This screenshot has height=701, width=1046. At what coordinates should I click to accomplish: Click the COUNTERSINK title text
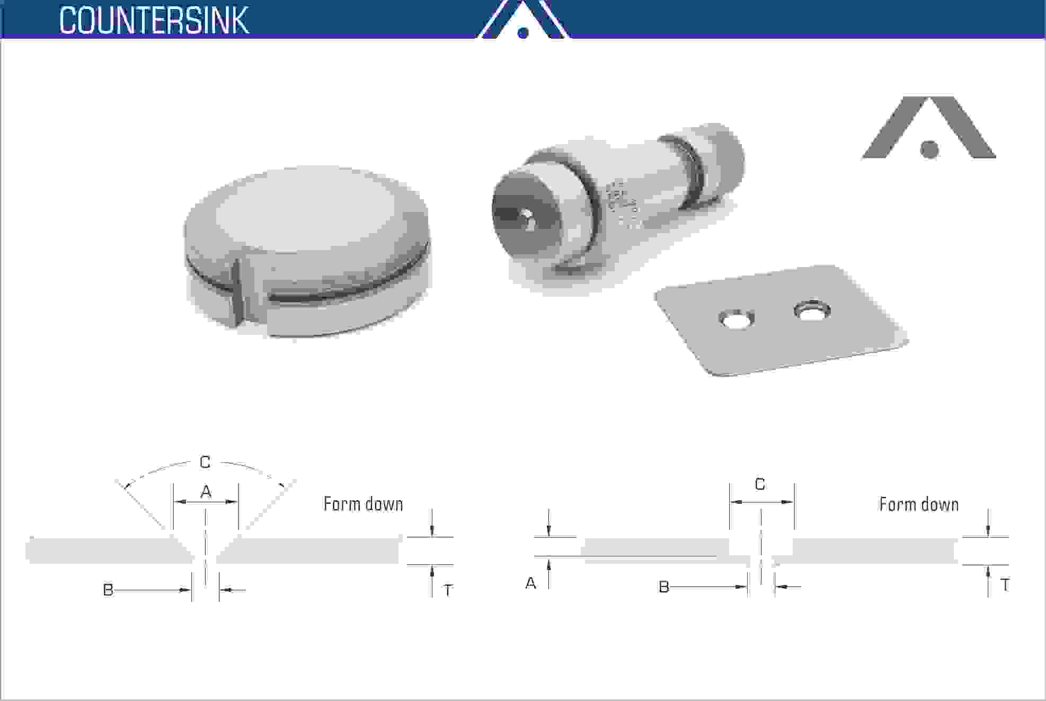click(x=154, y=20)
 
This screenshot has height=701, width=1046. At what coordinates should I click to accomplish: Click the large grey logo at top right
click(x=928, y=130)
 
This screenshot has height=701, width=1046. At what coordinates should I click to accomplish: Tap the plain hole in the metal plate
click(x=736, y=320)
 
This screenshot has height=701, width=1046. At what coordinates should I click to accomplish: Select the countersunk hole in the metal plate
click(x=811, y=310)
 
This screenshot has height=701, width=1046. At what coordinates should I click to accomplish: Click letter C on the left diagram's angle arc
click(x=205, y=462)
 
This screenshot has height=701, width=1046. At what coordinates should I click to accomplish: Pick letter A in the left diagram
click(x=206, y=492)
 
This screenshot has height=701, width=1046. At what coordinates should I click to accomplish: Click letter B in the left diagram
click(x=108, y=590)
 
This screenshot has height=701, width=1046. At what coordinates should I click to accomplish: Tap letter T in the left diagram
click(x=448, y=590)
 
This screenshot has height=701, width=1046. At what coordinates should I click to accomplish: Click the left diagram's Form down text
click(x=363, y=504)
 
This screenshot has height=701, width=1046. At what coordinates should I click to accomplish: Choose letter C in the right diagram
click(x=760, y=484)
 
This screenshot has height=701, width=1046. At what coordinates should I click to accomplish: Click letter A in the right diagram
click(x=530, y=583)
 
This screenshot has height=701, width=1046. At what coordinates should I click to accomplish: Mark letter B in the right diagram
click(x=663, y=587)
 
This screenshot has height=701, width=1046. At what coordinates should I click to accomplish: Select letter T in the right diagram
click(x=1004, y=585)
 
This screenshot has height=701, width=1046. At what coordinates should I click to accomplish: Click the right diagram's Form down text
click(x=918, y=504)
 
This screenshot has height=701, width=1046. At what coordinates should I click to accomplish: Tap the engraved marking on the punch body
click(x=623, y=204)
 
